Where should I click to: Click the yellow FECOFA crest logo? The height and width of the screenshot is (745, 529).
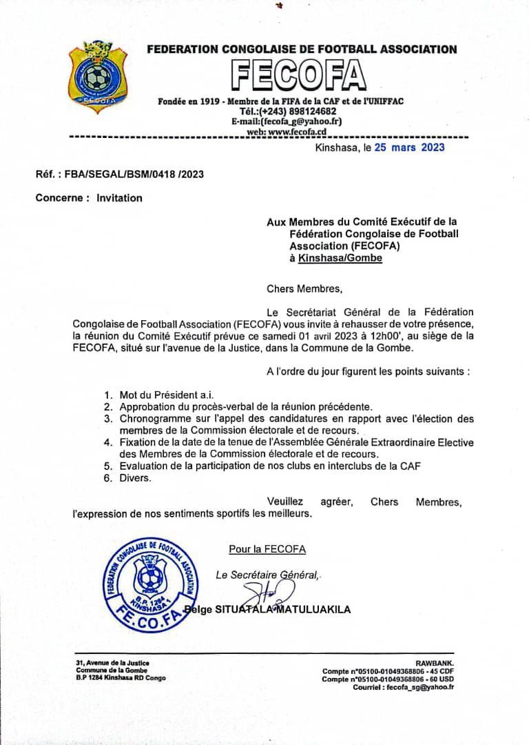click(x=98, y=77)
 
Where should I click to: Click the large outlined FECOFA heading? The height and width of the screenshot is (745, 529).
click(x=298, y=76)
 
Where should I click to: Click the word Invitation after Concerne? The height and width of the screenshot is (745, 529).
click(x=119, y=198)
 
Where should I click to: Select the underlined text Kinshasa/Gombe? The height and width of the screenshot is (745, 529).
click(x=340, y=258)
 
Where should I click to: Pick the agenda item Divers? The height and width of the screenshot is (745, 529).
click(x=135, y=478)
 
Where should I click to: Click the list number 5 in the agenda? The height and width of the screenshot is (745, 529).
click(x=108, y=466)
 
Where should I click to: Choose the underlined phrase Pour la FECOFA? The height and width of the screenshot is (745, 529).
click(x=267, y=549)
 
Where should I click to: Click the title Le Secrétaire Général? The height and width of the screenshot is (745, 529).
click(x=267, y=575)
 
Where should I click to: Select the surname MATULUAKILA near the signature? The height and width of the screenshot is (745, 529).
click(x=314, y=610)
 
